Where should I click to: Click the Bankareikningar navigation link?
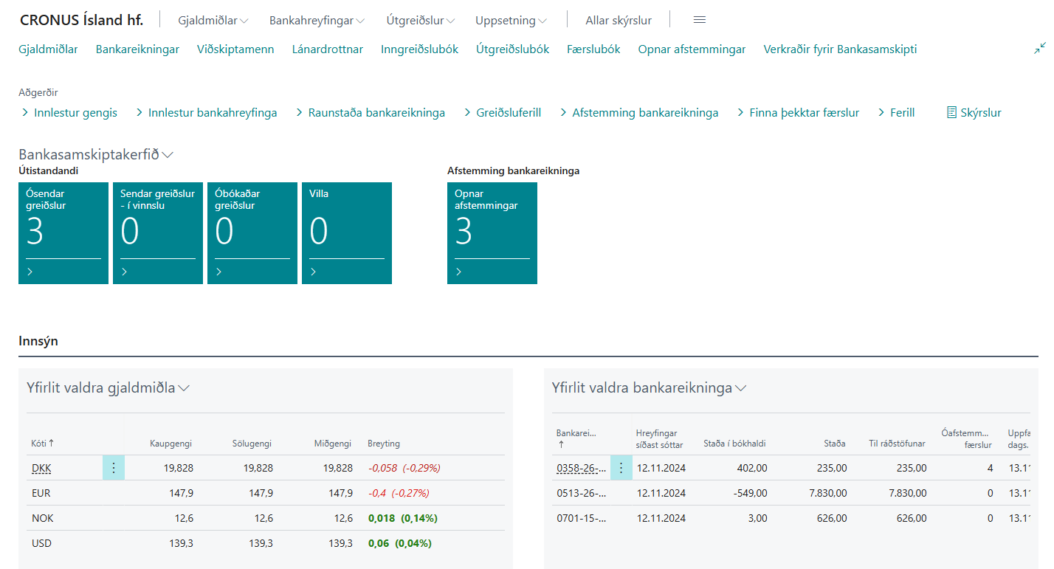(x=137, y=49)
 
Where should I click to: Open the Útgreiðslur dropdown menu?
(x=420, y=21)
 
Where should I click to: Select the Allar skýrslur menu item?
(x=618, y=21)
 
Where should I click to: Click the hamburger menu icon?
(x=700, y=20)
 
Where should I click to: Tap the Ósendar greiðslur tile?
(x=63, y=232)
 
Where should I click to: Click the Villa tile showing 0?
(x=347, y=232)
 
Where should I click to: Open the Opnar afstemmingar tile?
(x=492, y=232)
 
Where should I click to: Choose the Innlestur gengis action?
(x=75, y=113)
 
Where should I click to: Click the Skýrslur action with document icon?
(x=974, y=113)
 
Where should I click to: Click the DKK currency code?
(x=41, y=468)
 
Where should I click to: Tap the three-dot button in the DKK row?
(x=114, y=468)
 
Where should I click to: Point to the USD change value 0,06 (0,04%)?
(x=399, y=543)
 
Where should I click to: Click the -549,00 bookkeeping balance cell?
(x=746, y=493)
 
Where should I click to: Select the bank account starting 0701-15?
(x=582, y=518)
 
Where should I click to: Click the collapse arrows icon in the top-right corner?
(x=1040, y=48)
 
